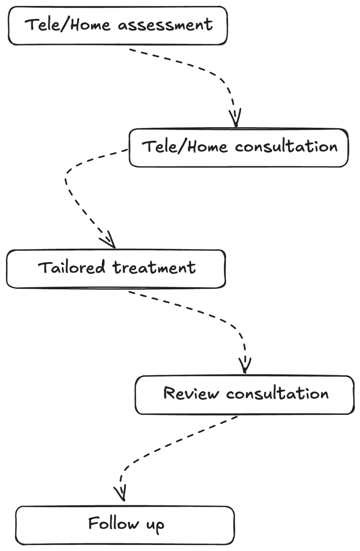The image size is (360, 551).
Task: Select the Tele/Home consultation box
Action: tap(239, 160)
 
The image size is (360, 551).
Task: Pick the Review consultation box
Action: tap(245, 406)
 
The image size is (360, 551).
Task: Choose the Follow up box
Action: tap(125, 536)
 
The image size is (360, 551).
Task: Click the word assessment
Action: tap(165, 25)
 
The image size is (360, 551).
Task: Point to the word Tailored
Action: tap(71, 268)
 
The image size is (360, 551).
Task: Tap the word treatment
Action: tap(154, 268)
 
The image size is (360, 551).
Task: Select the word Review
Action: tap(191, 393)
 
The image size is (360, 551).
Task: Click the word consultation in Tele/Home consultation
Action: tap(286, 147)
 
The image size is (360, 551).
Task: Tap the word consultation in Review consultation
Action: tap(277, 393)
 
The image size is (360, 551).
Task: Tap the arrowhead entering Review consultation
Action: tap(245, 367)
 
